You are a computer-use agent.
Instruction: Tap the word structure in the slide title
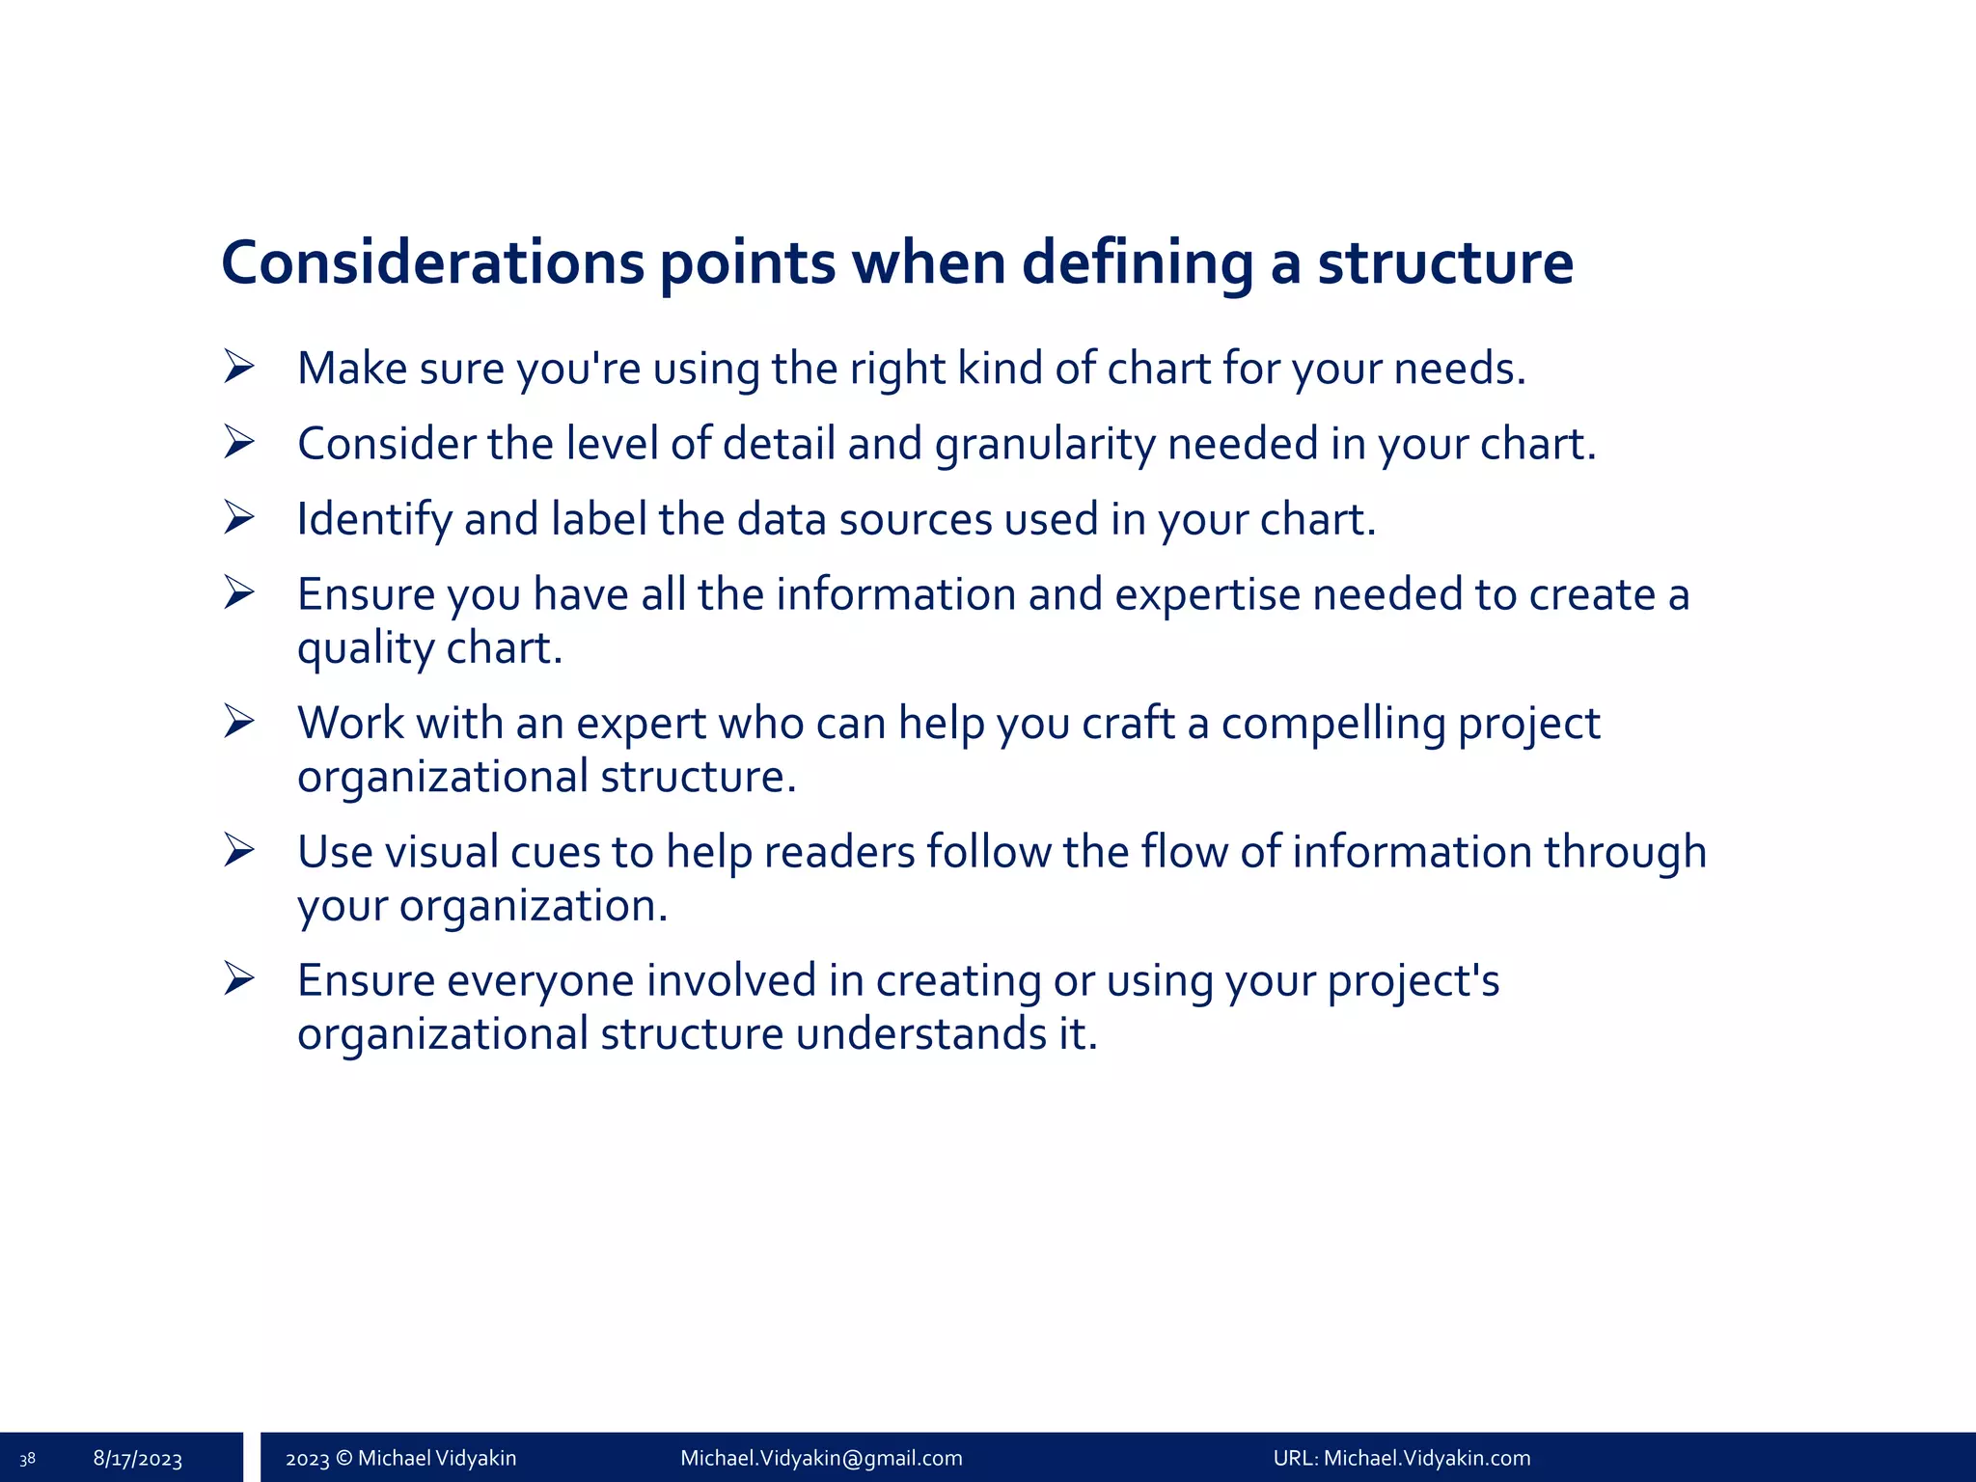tap(1445, 262)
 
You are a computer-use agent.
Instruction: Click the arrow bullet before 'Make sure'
tap(238, 367)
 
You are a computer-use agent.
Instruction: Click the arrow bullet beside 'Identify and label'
tap(238, 517)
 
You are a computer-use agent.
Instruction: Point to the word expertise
tap(1207, 595)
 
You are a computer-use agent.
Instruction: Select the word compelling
tap(1333, 724)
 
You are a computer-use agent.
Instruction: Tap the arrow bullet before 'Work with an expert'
tap(238, 721)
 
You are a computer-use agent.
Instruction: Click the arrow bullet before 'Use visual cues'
tap(238, 850)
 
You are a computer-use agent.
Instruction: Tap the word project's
tap(1413, 981)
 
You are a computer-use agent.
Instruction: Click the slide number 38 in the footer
tap(27, 1459)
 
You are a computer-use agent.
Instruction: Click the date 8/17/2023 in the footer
tap(138, 1459)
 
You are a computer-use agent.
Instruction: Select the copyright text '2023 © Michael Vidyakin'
tap(400, 1458)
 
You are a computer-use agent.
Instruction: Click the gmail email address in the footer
tap(821, 1458)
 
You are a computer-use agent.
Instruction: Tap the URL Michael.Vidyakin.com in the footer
tap(1427, 1458)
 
